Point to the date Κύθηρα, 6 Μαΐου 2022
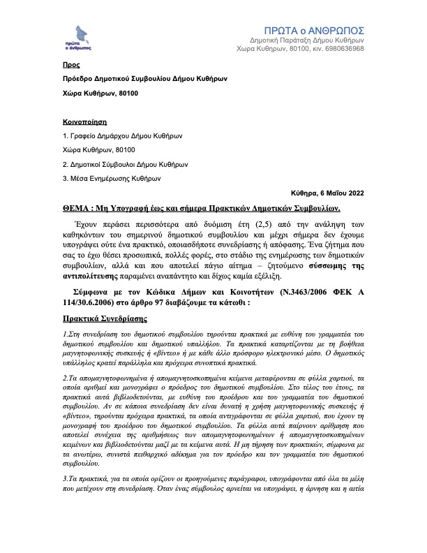click(327, 193)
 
